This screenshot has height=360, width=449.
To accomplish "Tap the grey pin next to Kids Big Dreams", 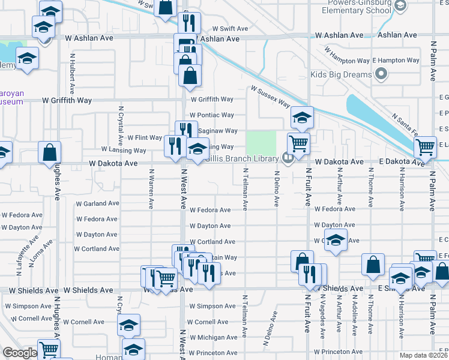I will point(379,75).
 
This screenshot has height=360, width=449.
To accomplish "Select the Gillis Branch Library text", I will point(241,158).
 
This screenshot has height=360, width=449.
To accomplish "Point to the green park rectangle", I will point(261,143).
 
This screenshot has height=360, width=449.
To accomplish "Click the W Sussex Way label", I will point(271,97).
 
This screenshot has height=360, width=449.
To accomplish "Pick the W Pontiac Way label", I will point(211,115).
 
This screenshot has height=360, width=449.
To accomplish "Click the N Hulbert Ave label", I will point(72,74).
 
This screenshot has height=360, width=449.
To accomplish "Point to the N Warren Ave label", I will point(151,190).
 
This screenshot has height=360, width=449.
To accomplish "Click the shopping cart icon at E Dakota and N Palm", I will point(425,146).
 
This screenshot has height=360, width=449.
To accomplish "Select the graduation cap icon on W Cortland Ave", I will point(337,240).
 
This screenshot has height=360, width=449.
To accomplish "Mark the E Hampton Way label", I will point(396,61).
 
